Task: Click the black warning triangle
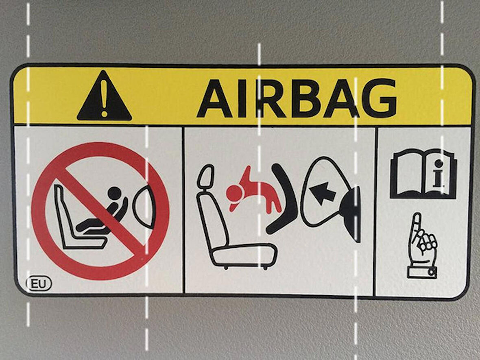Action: click(x=104, y=98)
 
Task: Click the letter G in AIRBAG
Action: click(x=379, y=98)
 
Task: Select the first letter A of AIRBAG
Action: click(x=215, y=98)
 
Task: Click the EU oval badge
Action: click(x=39, y=284)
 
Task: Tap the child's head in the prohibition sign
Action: click(x=115, y=193)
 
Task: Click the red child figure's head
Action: click(x=234, y=194)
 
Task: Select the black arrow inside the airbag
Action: click(x=322, y=192)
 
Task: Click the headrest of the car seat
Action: click(x=206, y=176)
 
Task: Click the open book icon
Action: click(x=423, y=174)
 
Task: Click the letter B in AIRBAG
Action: click(x=307, y=98)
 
